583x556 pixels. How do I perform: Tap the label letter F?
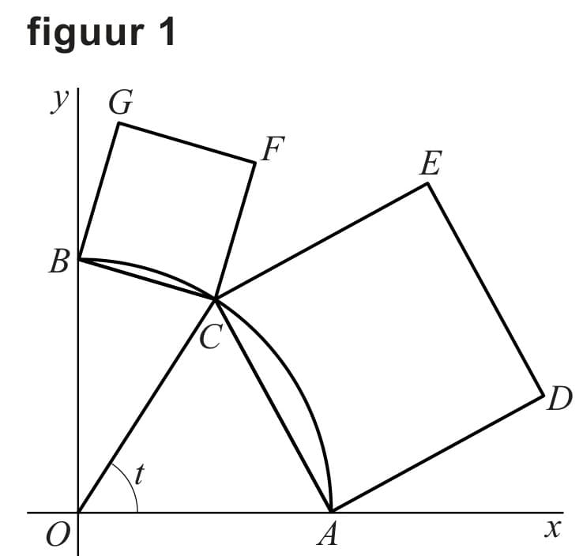click(x=273, y=149)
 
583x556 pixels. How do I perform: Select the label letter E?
click(x=430, y=164)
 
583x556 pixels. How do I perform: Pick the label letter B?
click(x=58, y=261)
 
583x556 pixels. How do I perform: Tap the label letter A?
click(x=327, y=536)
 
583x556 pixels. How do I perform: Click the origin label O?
click(x=55, y=536)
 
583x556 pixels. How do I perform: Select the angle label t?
click(x=140, y=474)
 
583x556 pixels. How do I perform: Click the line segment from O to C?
click(x=146, y=405)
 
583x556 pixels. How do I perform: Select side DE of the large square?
click(x=486, y=288)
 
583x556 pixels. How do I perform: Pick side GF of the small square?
click(x=186, y=142)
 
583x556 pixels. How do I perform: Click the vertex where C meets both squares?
click(x=215, y=299)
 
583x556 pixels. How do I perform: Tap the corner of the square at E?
click(x=428, y=183)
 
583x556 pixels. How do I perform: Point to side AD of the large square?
click(x=437, y=453)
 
